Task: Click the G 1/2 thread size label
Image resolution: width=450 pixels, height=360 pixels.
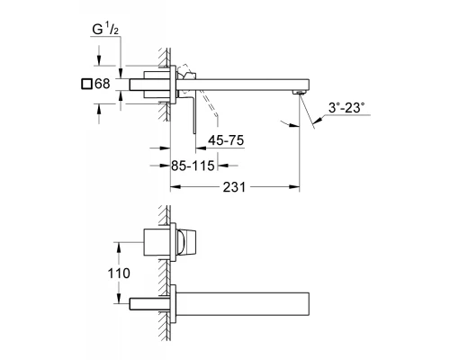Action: pyautogui.click(x=104, y=30)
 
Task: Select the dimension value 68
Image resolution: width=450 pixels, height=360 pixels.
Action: pyautogui.click(x=103, y=84)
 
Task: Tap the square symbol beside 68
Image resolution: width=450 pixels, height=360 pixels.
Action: pyautogui.click(x=86, y=84)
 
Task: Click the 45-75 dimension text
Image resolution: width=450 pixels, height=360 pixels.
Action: pyautogui.click(x=226, y=140)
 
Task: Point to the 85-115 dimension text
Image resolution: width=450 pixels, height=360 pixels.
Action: pyautogui.click(x=193, y=166)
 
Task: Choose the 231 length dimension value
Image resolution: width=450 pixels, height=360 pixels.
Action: pyautogui.click(x=234, y=187)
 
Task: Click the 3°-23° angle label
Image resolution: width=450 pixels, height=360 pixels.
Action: pyautogui.click(x=346, y=108)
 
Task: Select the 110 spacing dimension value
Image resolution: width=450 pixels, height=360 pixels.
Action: pyautogui.click(x=119, y=274)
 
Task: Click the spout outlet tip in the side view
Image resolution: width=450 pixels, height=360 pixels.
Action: pyautogui.click(x=300, y=92)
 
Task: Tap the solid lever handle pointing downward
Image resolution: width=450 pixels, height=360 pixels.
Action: pyautogui.click(x=194, y=115)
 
